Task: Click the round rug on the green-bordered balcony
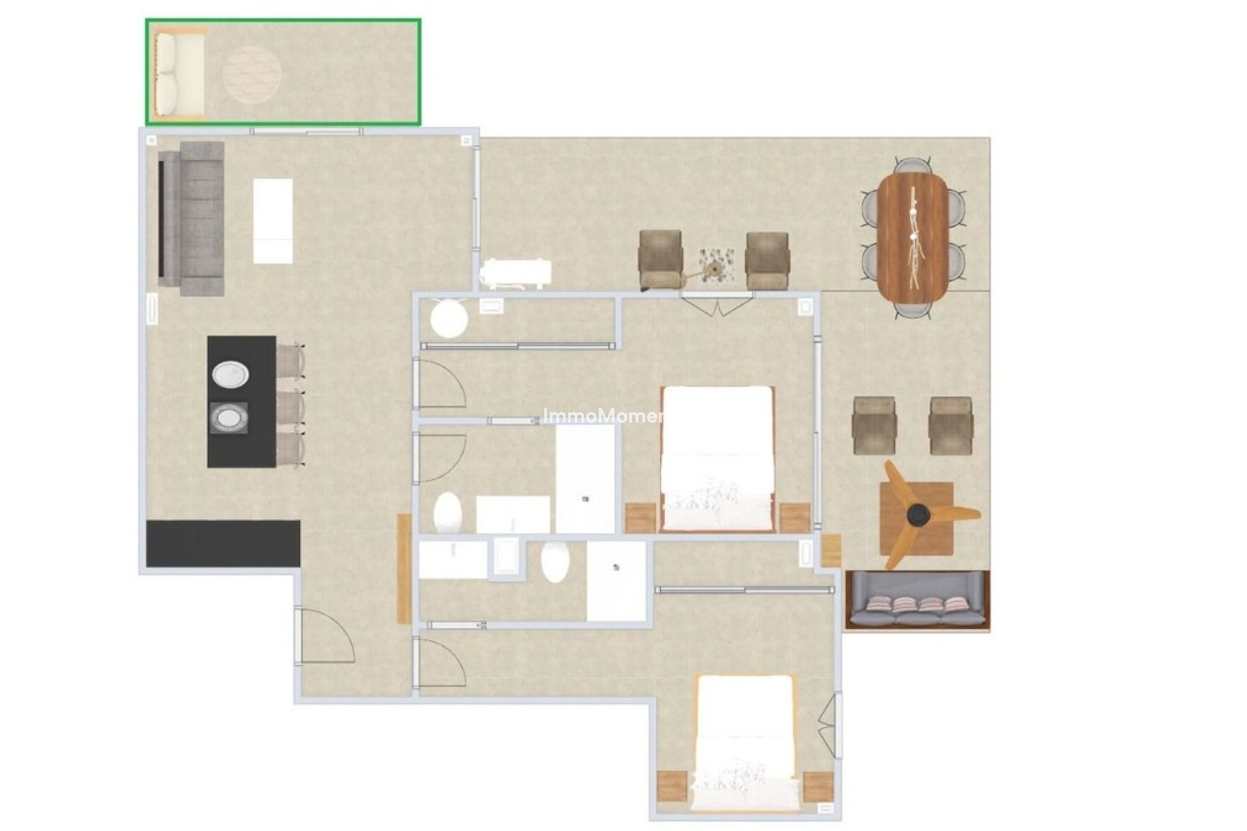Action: (x=252, y=75)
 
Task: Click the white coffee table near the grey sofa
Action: (x=272, y=221)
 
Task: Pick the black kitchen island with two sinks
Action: (x=241, y=401)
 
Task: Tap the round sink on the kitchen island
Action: (x=230, y=375)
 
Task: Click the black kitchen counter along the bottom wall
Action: (x=223, y=543)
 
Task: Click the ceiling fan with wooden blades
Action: (x=918, y=515)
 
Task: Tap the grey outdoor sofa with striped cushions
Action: (x=918, y=600)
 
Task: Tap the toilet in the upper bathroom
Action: (x=447, y=512)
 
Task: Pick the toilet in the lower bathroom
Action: (x=555, y=562)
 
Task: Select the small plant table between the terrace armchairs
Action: (x=716, y=265)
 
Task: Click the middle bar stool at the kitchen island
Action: (x=290, y=406)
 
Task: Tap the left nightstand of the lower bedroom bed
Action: (x=672, y=786)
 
